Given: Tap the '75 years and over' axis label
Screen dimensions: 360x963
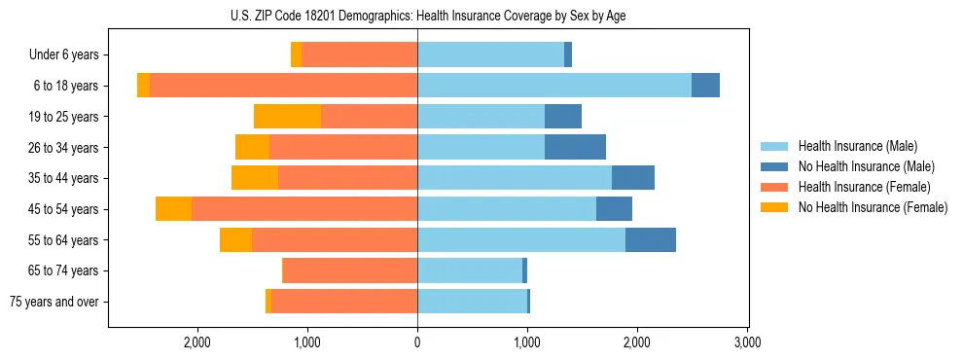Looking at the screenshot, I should (53, 302).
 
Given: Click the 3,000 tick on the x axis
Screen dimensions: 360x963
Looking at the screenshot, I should (747, 342).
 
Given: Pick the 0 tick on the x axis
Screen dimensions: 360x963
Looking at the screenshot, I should (417, 342).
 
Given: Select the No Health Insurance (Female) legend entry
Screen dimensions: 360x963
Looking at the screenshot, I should (873, 207).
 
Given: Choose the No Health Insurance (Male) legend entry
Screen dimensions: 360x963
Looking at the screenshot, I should (866, 166).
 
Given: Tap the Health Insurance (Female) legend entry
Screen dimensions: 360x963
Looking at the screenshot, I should (864, 187).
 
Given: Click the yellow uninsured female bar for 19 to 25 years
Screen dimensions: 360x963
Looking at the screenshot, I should (288, 117).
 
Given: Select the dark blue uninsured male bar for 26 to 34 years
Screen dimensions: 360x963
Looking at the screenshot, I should (575, 148).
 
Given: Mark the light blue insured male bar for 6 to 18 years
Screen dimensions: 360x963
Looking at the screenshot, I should (554, 86).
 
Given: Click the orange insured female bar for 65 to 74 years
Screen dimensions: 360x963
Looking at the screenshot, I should (350, 270).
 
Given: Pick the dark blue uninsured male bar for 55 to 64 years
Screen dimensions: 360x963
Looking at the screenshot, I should (651, 240).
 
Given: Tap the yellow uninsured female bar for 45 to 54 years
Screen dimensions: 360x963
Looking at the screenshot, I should (173, 209).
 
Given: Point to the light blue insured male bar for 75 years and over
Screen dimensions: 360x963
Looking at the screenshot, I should (472, 302).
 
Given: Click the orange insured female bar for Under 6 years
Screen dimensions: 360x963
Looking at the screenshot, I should (360, 55).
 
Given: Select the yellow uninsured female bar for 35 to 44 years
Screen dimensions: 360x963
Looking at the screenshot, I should (255, 178).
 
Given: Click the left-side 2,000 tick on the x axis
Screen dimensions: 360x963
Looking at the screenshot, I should (197, 342).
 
